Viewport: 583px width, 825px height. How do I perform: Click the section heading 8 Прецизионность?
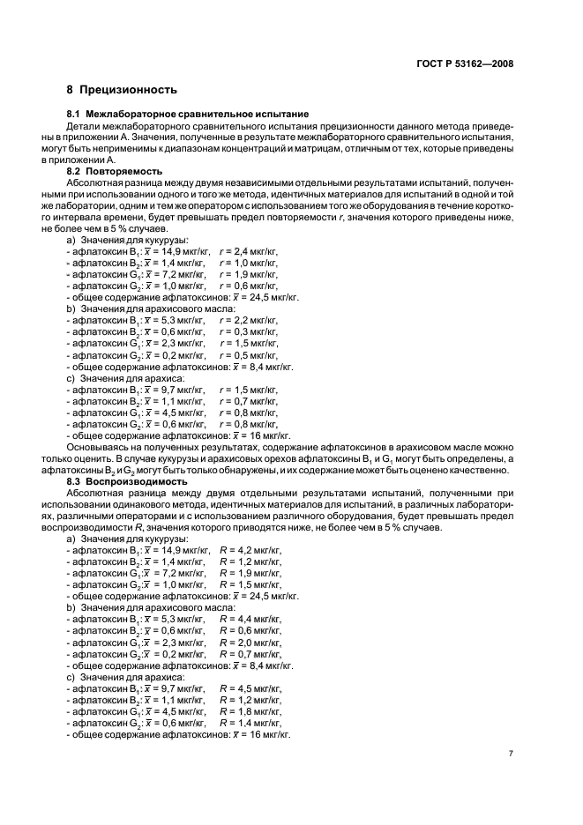[122, 90]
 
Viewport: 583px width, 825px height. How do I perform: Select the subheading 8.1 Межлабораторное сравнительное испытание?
[188, 115]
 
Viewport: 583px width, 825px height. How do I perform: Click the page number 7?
[511, 754]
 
